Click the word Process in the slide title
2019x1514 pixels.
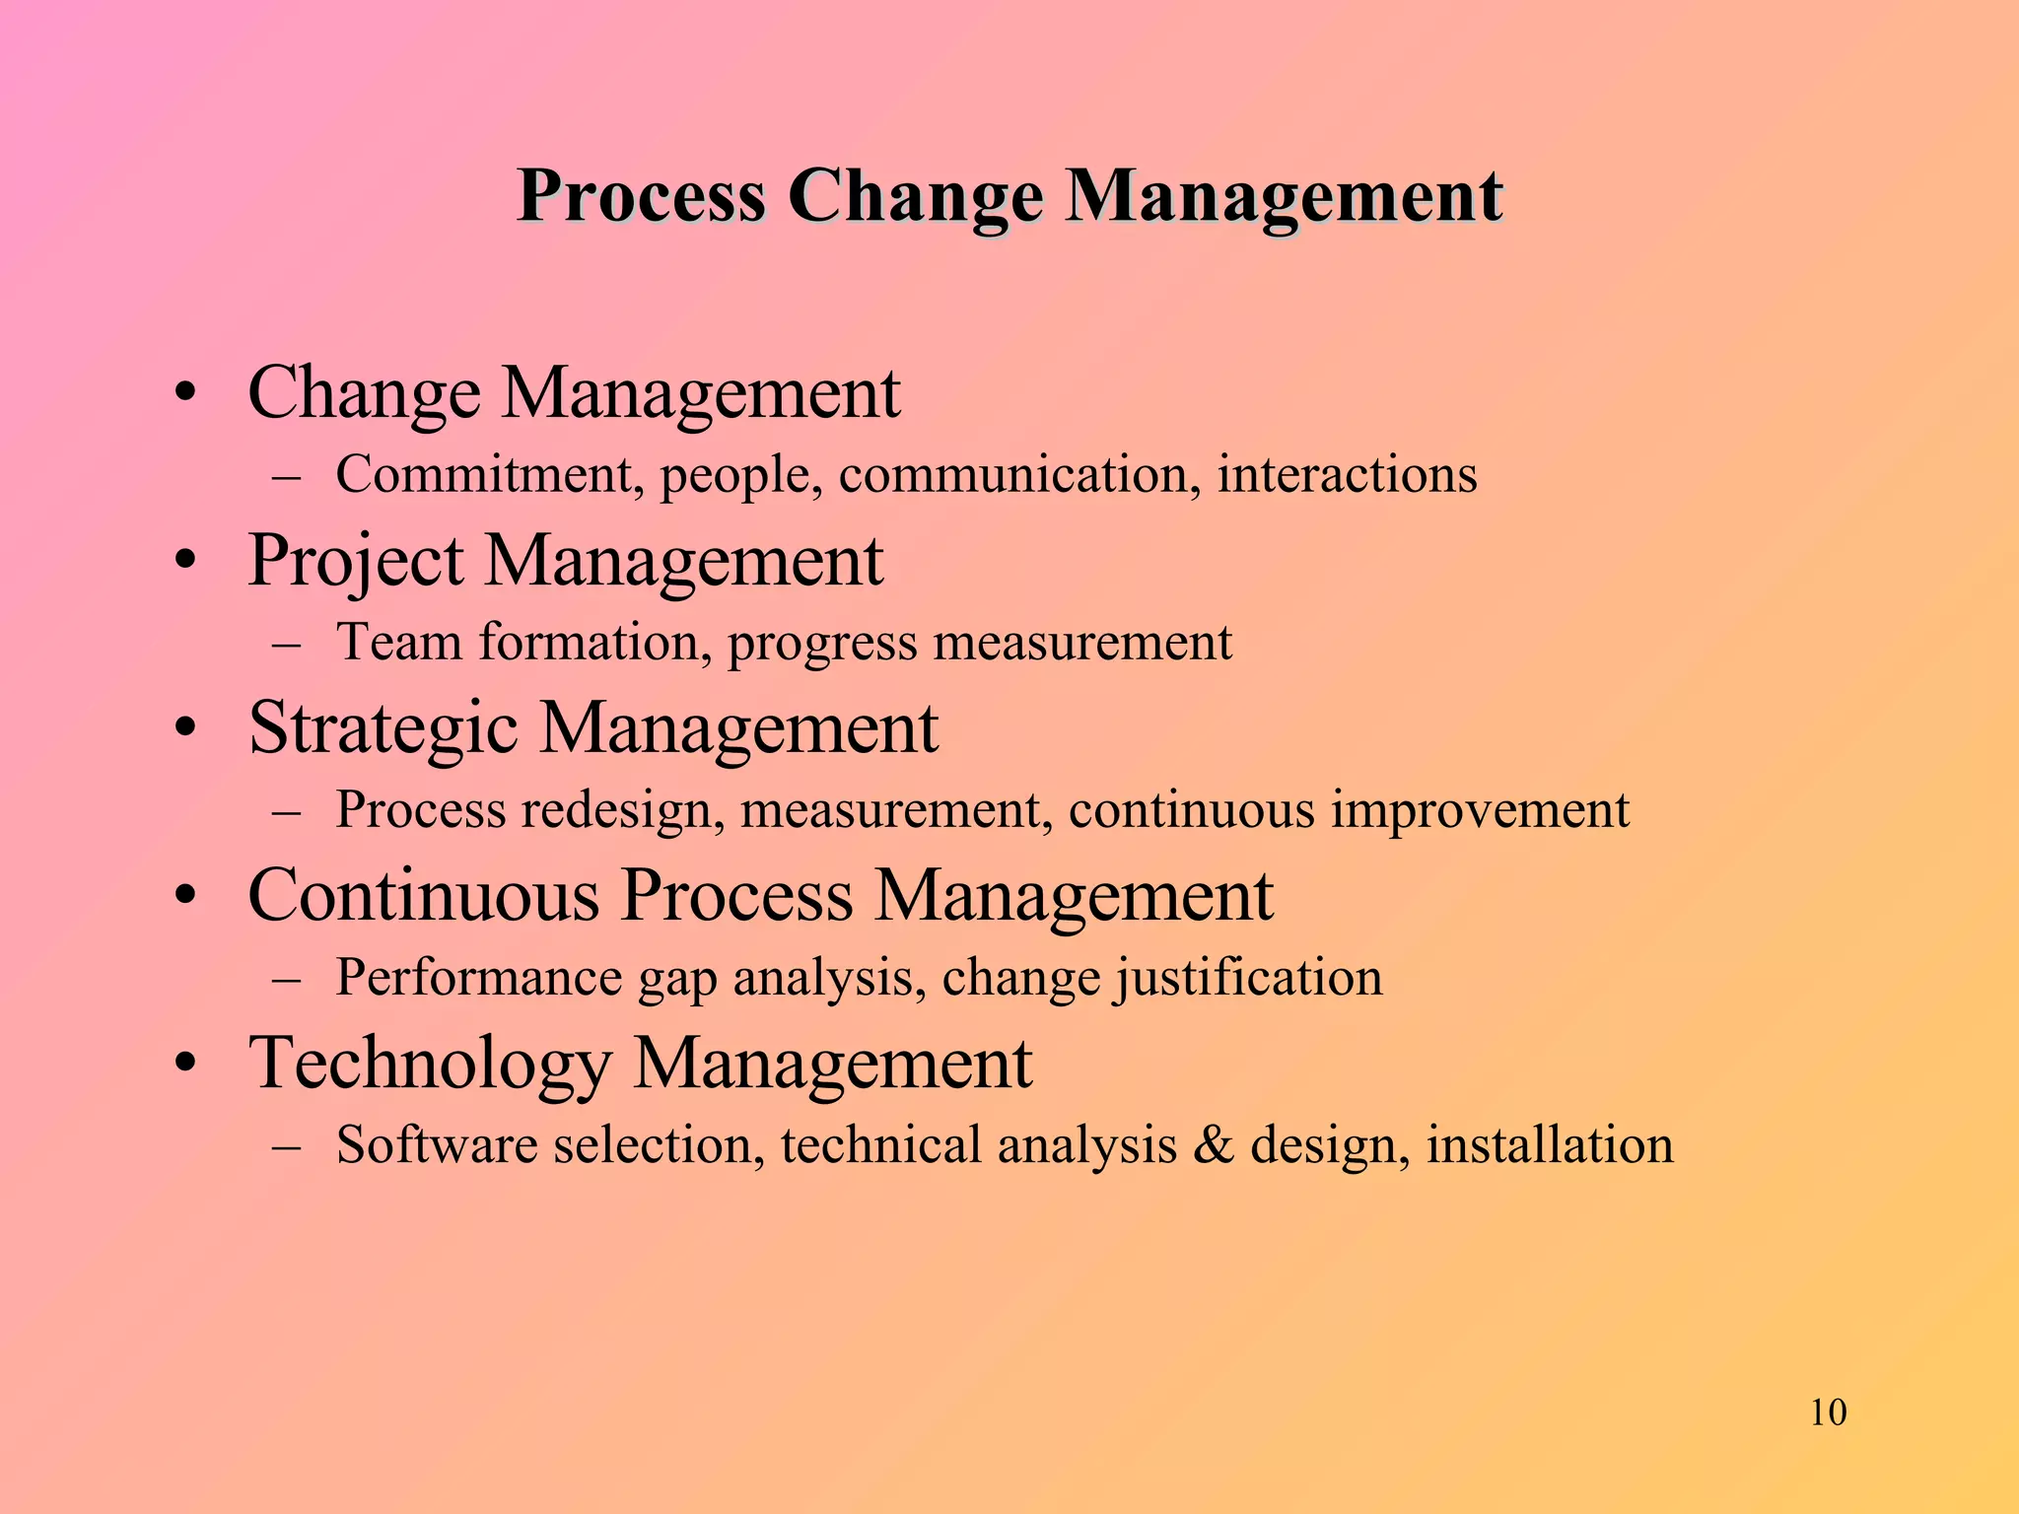[x=641, y=196]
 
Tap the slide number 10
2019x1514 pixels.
[x=1828, y=1412]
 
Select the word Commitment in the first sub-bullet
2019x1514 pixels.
[x=481, y=474]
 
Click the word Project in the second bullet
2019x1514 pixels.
[x=355, y=561]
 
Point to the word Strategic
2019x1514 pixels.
[x=383, y=728]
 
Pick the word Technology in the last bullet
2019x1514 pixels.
[x=429, y=1064]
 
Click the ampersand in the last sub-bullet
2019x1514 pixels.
[x=1213, y=1145]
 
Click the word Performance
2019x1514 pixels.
[x=478, y=978]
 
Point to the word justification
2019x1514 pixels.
[x=1249, y=978]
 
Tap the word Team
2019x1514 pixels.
[x=399, y=643]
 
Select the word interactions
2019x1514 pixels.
[x=1347, y=474]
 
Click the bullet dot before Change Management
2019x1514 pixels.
[x=185, y=394]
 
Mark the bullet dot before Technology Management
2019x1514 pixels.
[x=185, y=1065]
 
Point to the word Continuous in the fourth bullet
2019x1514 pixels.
[x=424, y=896]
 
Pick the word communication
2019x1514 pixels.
[x=1019, y=474]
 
